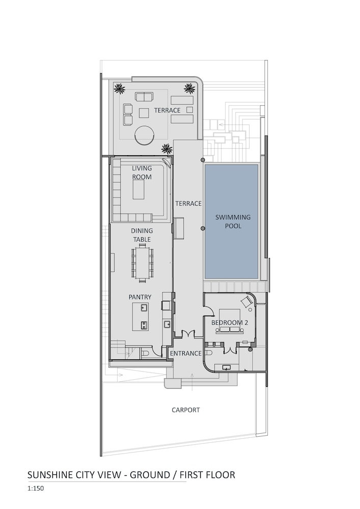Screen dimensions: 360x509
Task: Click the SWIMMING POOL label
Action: click(x=233, y=221)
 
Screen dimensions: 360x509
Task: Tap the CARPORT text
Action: click(x=186, y=410)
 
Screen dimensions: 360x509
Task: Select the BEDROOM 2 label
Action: click(x=230, y=323)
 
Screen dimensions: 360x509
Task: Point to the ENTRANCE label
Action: click(x=186, y=353)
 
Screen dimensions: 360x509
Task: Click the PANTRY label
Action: click(x=140, y=297)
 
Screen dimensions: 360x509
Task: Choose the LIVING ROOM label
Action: click(x=142, y=173)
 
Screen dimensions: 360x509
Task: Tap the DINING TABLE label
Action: click(x=142, y=235)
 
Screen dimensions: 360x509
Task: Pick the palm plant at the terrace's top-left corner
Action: click(x=120, y=88)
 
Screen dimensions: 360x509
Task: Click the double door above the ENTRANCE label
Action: click(x=187, y=334)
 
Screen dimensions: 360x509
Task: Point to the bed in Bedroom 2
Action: click(x=230, y=321)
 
